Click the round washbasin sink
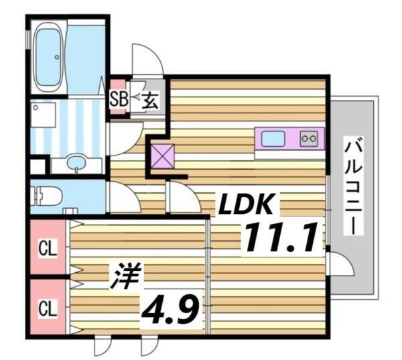(77, 162)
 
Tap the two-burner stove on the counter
(310, 139)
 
